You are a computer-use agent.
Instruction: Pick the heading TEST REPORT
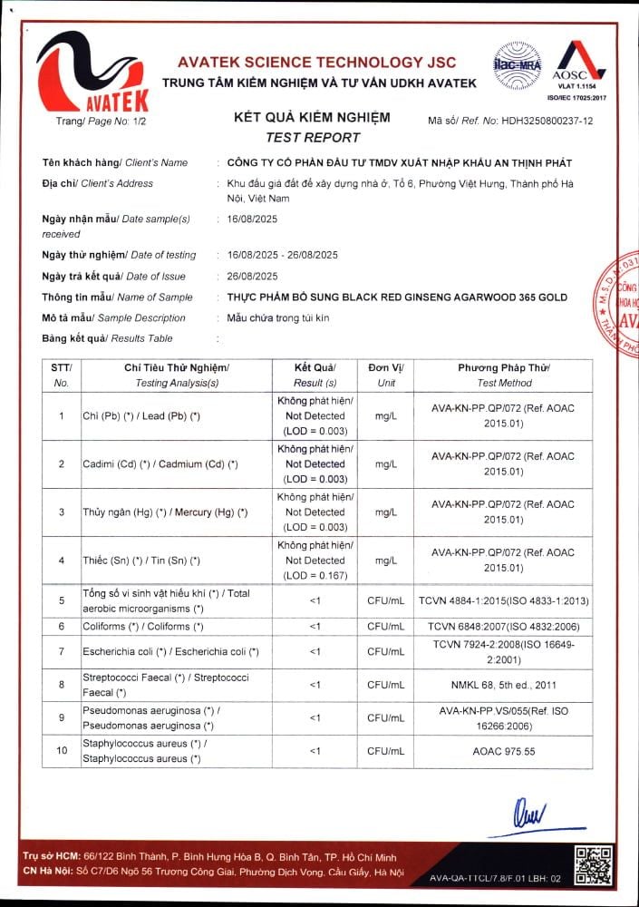pyautogui.click(x=313, y=138)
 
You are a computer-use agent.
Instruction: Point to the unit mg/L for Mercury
pyautogui.click(x=386, y=512)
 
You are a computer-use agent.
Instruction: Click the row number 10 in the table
pyautogui.click(x=62, y=751)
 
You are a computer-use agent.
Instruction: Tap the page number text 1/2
pyautogui.click(x=125, y=121)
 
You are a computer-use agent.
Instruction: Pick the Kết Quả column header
pyautogui.click(x=315, y=367)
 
